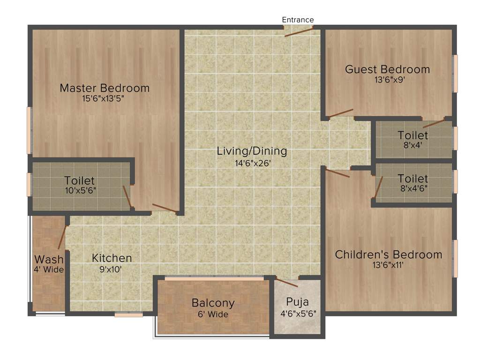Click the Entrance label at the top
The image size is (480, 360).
click(298, 20)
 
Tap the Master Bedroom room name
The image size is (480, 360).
click(105, 88)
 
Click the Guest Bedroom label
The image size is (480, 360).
click(387, 69)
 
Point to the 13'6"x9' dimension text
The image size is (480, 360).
click(387, 80)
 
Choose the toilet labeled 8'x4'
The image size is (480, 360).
click(413, 140)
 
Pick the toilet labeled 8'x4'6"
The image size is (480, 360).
click(413, 183)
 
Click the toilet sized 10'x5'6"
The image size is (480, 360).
click(80, 185)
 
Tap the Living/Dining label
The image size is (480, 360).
click(252, 151)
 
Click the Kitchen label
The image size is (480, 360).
click(112, 258)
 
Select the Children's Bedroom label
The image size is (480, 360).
click(388, 255)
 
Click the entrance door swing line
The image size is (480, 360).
click(299, 31)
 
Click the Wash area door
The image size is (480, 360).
click(61, 237)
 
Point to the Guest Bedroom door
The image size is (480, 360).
click(340, 113)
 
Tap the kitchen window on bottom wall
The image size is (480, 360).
click(128, 315)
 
